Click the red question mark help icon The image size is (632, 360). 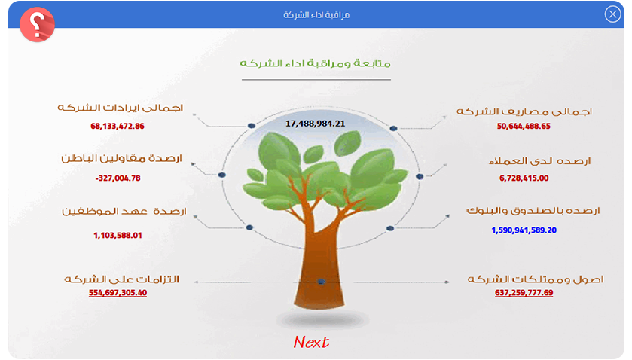tap(37, 24)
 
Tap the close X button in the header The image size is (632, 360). tap(612, 14)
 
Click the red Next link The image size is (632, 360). tap(311, 342)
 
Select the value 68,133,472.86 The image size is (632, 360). tap(118, 127)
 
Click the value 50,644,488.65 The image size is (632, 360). tap(524, 127)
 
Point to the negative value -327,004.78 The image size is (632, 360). tap(118, 178)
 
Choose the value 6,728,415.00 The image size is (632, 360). tap(524, 178)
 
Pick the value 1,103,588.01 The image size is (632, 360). tap(118, 236)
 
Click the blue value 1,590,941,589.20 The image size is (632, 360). tap(524, 230)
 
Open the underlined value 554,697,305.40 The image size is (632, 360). tap(118, 293)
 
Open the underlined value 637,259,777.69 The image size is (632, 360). tap(524, 293)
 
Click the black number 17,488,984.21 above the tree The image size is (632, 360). tap(315, 124)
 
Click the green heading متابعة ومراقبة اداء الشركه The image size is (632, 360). tap(315, 63)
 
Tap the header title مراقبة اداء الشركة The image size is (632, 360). tap(316, 15)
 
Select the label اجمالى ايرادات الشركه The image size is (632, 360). tap(120, 108)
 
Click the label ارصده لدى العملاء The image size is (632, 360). tap(539, 161)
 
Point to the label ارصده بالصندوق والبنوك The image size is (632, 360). tap(533, 210)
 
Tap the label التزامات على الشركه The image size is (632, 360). tap(121, 279)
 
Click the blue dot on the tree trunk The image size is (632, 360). tap(321, 282)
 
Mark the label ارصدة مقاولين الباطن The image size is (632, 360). tap(121, 158)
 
